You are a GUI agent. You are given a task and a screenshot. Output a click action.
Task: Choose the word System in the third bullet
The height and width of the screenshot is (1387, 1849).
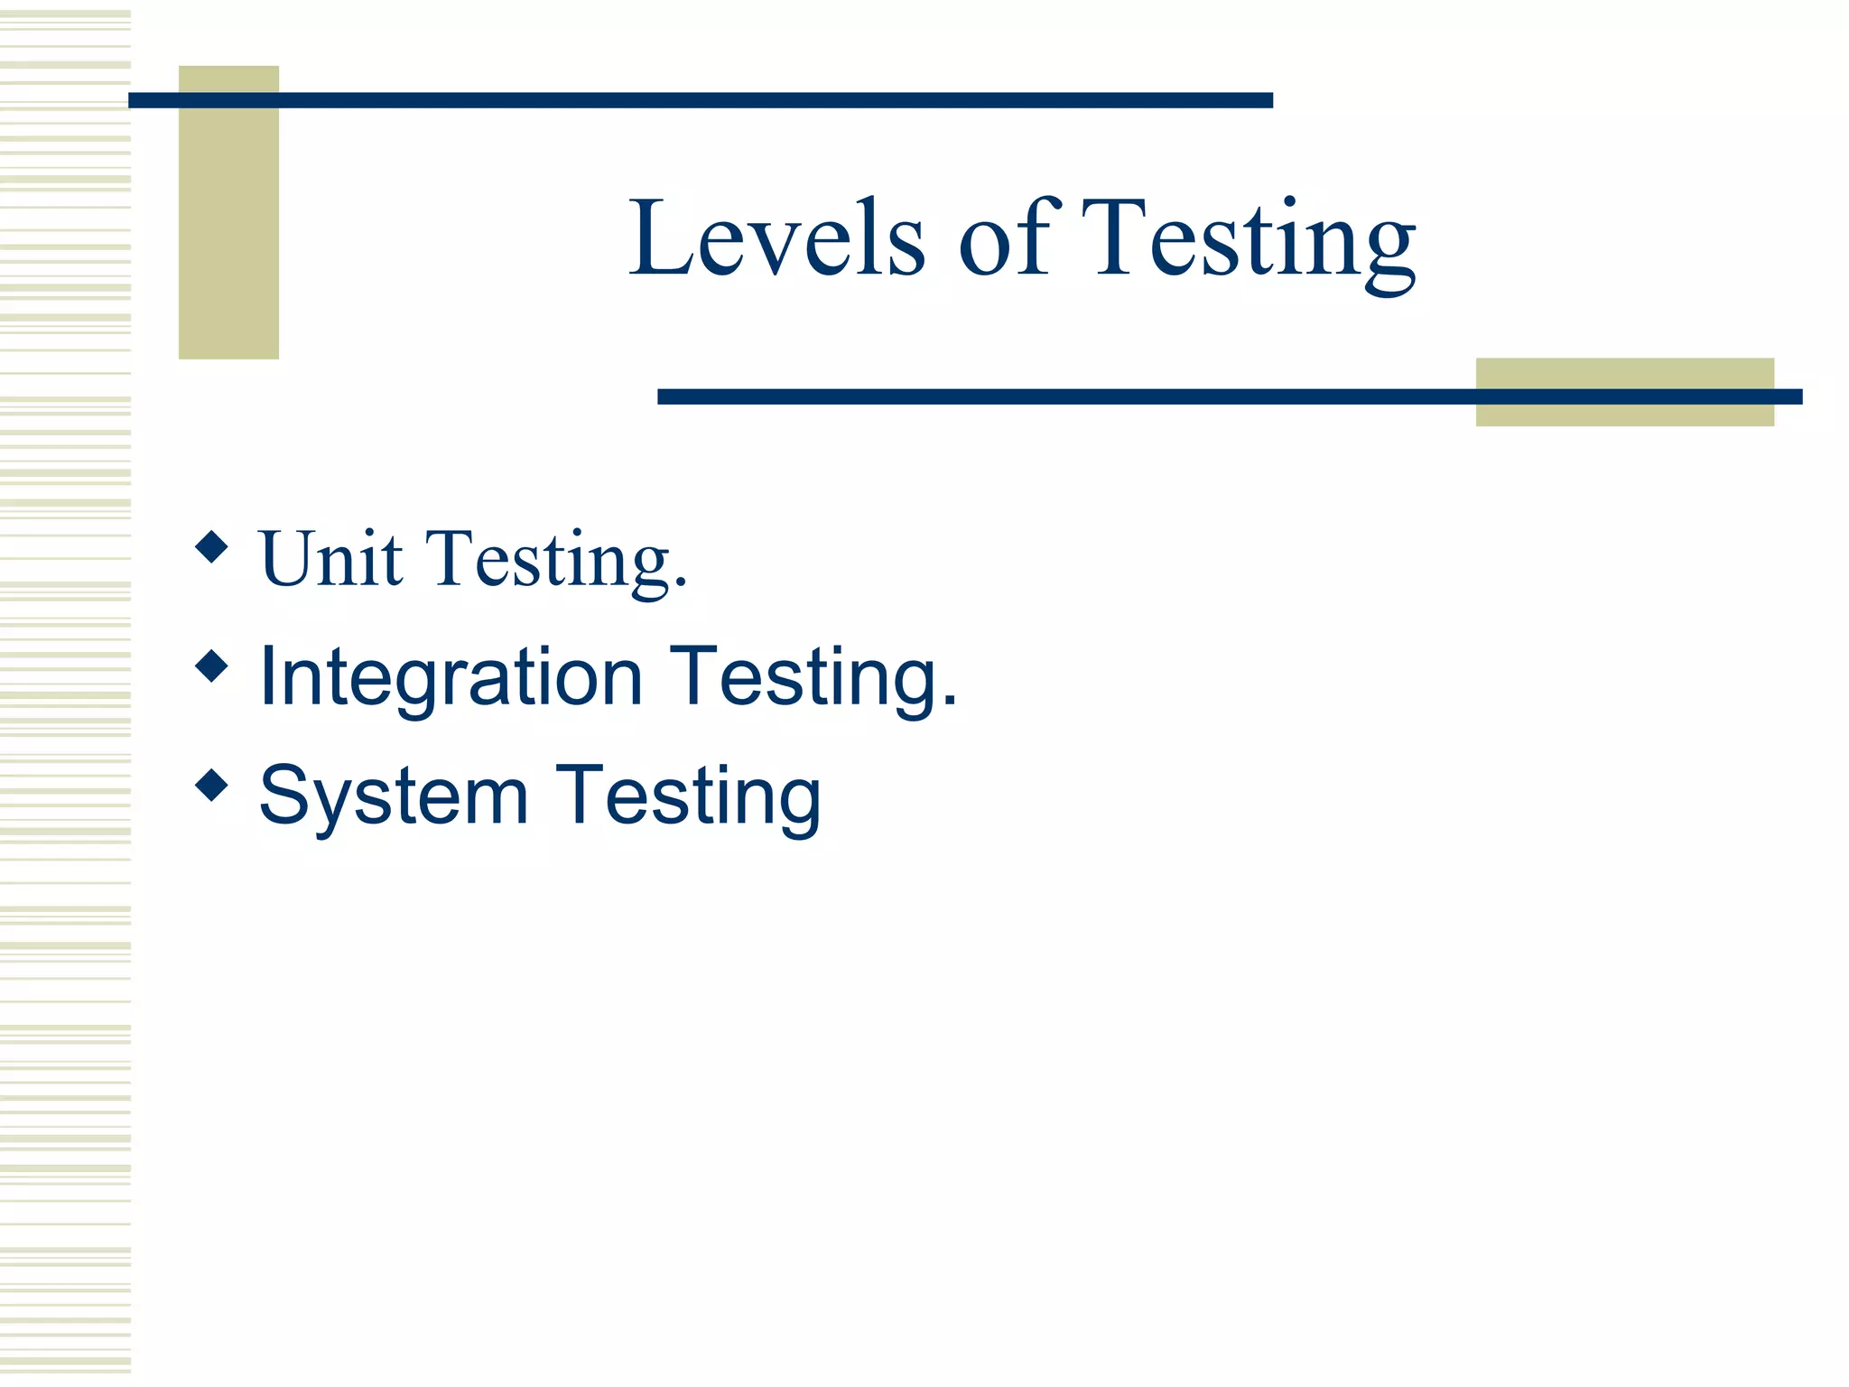pyautogui.click(x=394, y=796)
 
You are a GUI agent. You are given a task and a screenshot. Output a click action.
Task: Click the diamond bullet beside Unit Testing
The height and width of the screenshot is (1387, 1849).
pyautogui.click(x=211, y=546)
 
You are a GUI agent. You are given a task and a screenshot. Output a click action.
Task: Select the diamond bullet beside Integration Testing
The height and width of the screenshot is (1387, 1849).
pyautogui.click(x=211, y=666)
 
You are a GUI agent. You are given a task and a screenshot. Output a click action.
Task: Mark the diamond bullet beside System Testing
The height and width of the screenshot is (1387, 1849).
pyautogui.click(x=211, y=785)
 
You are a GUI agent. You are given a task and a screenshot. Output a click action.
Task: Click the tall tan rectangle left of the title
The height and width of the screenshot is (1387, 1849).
pyautogui.click(x=228, y=235)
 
